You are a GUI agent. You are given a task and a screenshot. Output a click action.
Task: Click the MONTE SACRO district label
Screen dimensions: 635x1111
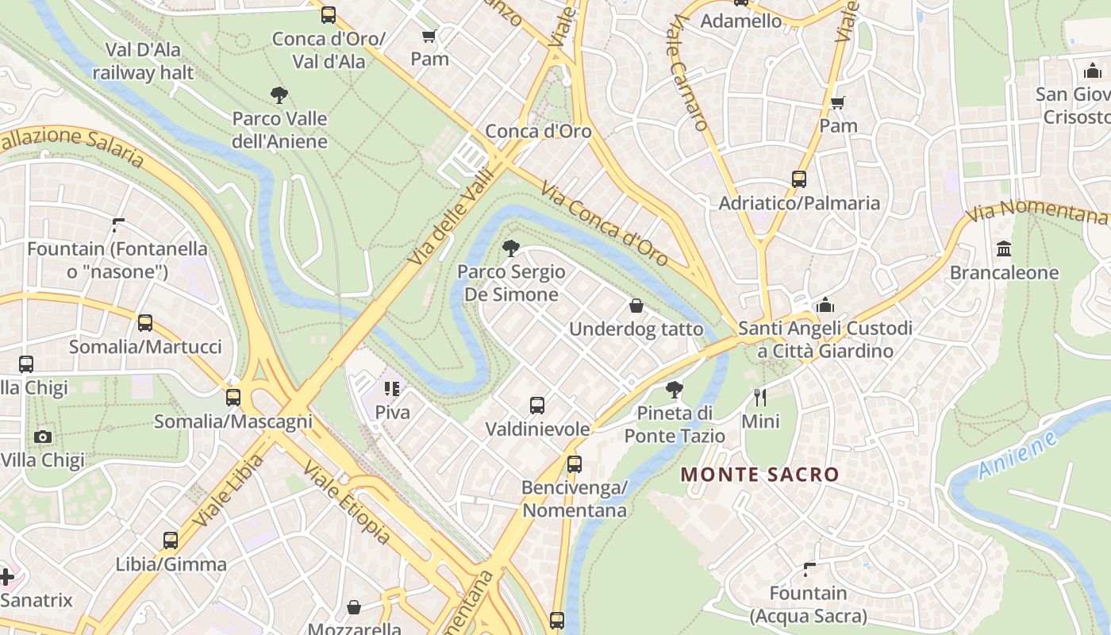coord(759,475)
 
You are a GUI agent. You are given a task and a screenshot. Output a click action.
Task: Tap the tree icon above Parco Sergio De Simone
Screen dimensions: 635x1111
coord(511,248)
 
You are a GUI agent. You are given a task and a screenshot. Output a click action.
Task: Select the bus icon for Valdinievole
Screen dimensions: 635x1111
coord(537,406)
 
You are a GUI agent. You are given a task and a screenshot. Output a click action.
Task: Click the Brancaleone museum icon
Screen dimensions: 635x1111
coord(1004,249)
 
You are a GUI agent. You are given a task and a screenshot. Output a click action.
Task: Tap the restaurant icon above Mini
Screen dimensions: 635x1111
coord(760,398)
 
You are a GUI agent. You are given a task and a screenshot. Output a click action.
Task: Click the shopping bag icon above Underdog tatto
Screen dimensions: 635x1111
coord(636,306)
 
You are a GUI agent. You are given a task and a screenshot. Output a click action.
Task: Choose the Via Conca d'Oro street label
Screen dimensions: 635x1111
coord(605,224)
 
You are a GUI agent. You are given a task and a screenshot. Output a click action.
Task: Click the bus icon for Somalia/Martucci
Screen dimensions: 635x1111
coord(144,323)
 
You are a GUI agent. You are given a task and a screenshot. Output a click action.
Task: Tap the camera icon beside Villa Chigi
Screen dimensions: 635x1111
coord(43,437)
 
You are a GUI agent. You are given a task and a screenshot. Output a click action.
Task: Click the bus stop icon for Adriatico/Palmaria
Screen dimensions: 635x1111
coord(798,179)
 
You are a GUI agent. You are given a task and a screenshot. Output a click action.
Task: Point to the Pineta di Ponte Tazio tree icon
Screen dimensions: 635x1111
coord(674,390)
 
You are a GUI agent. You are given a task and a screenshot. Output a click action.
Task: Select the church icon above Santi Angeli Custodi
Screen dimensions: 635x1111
coord(825,305)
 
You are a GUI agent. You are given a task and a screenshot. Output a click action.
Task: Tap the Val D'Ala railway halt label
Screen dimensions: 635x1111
coord(143,61)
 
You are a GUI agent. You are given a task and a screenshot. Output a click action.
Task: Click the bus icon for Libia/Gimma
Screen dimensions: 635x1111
coord(171,541)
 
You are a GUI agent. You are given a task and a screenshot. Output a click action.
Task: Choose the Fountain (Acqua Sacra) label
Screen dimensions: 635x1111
coord(808,604)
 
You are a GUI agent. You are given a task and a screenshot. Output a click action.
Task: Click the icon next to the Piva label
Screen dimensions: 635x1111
coord(392,389)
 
